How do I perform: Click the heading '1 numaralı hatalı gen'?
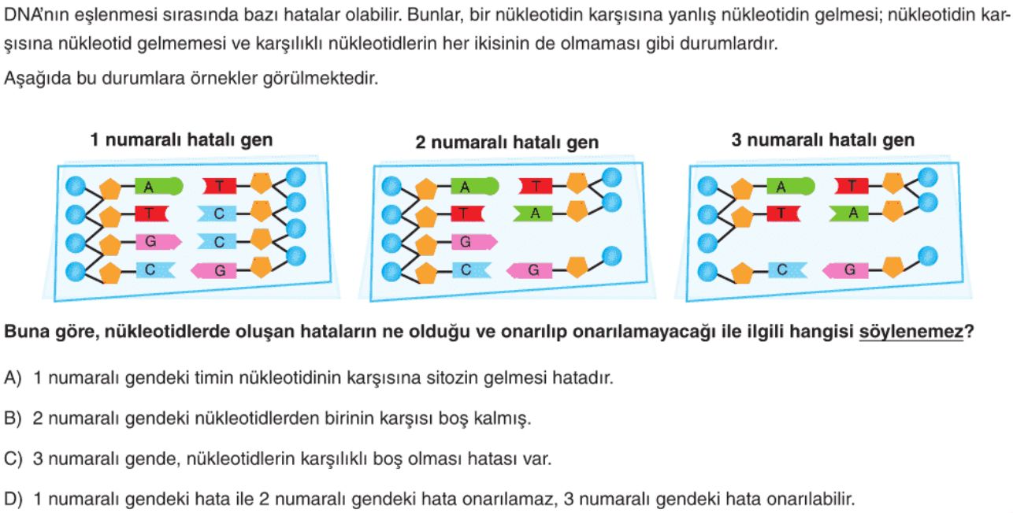pyautogui.click(x=181, y=140)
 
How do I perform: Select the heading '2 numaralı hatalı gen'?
pyautogui.click(x=507, y=143)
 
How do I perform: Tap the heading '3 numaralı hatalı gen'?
pyautogui.click(x=822, y=140)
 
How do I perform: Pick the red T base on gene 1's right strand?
pyautogui.click(x=220, y=186)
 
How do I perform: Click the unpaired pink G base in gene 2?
pyautogui.click(x=474, y=242)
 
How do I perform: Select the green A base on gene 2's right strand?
pyautogui.click(x=532, y=213)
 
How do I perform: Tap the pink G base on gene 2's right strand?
pyautogui.click(x=529, y=270)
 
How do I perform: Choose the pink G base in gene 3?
pyautogui.click(x=845, y=270)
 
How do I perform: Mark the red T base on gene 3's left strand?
pyautogui.click(x=784, y=213)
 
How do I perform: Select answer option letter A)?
pyautogui.click(x=13, y=377)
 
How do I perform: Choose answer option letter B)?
pyautogui.click(x=13, y=418)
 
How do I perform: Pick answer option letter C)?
pyautogui.click(x=13, y=459)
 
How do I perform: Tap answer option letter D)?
pyautogui.click(x=13, y=500)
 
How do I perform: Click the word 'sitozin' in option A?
pyautogui.click(x=450, y=377)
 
